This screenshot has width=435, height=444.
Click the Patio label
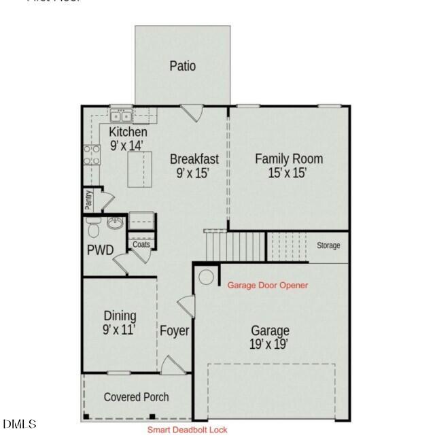(182, 66)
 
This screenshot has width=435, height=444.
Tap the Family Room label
(289, 159)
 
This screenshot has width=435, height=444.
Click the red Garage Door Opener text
(267, 286)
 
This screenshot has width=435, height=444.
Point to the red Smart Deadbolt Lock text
(188, 430)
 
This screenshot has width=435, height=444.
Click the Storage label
(328, 245)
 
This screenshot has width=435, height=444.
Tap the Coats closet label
(141, 245)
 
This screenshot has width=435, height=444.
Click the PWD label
(100, 250)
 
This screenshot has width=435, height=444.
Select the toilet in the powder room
(93, 224)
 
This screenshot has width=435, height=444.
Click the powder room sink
(116, 224)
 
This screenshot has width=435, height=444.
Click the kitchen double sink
(122, 116)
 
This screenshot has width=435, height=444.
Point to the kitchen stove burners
(92, 155)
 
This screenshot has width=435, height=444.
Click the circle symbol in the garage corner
(206, 277)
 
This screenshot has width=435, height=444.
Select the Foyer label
(174, 331)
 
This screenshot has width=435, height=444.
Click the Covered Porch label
(136, 397)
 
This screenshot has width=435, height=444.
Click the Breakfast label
(194, 159)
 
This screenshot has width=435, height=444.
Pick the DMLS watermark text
(19, 425)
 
